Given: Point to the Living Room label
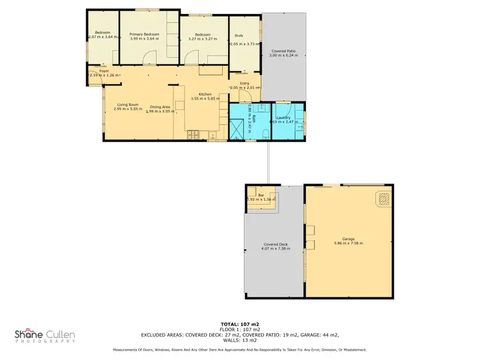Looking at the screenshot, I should point(128,104).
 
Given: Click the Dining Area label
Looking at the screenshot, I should point(159,107).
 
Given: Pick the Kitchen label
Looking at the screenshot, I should point(205,94).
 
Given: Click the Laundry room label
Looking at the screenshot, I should point(284,117).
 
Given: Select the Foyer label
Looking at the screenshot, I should point(104,71).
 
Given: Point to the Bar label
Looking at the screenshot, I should point(260,196).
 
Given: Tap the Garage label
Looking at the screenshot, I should point(348,239).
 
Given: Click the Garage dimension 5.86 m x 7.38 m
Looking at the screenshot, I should point(348,244).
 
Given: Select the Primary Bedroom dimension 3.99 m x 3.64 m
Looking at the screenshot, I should point(143,39).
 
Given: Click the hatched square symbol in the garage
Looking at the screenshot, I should point(381,201).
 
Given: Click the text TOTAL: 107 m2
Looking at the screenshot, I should point(240,325).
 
